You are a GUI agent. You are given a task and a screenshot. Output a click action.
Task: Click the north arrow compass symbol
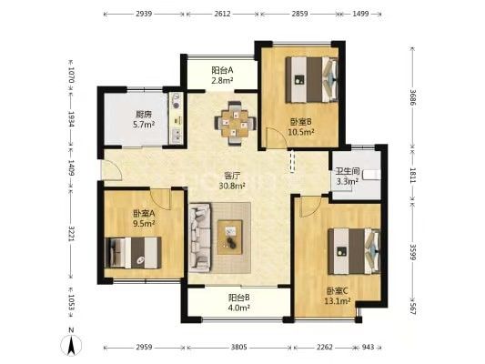72,344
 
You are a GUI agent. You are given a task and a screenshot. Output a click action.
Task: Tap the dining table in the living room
235,123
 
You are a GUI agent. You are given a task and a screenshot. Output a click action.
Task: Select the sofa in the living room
200,238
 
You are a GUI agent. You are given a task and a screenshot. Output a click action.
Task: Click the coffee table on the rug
230,237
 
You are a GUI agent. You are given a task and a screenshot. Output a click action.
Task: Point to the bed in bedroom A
133,253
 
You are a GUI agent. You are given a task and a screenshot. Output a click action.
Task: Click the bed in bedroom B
311,79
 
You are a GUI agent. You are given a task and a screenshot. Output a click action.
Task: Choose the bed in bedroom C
354,251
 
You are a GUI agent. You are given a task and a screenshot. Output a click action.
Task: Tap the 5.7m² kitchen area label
144,125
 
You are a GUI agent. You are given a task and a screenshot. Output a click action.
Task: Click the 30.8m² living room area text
232,186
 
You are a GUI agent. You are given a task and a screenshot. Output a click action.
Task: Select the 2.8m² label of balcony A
222,81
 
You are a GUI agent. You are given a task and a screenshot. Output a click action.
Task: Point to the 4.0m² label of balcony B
239,308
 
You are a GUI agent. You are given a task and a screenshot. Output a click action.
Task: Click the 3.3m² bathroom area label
347,181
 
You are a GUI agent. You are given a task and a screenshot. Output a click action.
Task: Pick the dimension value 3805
239,347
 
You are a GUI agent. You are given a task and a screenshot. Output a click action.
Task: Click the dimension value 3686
412,96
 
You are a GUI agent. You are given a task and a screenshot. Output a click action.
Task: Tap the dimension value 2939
144,14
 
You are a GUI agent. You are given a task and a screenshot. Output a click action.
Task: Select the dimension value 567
412,308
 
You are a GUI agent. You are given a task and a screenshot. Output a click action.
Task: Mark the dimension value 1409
72,168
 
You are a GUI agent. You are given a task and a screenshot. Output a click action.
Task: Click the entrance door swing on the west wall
112,170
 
